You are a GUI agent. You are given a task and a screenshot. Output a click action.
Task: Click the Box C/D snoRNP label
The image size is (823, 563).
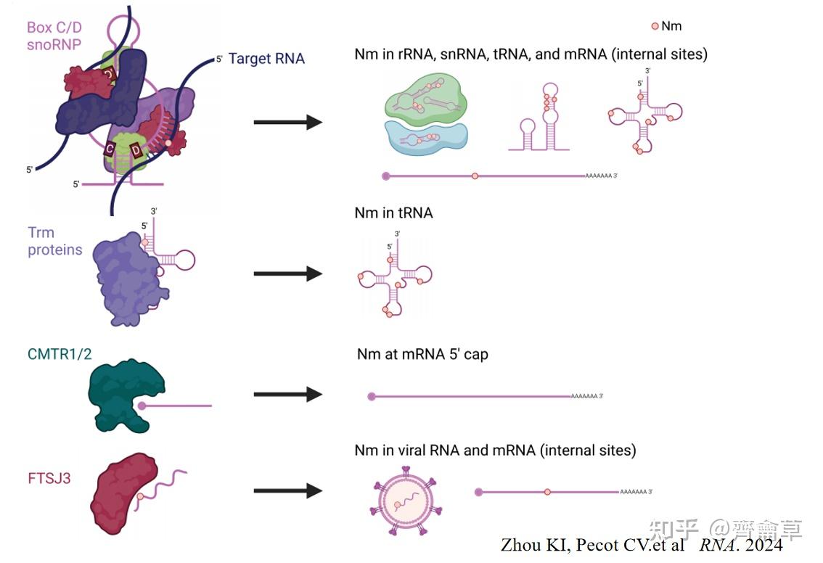pos(54,36)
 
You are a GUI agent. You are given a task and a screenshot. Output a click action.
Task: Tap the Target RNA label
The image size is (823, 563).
pos(266,58)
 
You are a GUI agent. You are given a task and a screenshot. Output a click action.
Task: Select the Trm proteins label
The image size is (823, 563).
pos(54,241)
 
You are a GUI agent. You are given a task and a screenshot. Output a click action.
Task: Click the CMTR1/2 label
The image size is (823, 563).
pos(60,354)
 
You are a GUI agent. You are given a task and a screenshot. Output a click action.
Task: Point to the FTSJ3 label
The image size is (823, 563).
pos(49,479)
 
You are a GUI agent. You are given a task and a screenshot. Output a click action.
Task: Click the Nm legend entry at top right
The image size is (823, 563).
pos(666,26)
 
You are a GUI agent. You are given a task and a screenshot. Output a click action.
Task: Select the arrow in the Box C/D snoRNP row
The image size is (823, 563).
pos(287,123)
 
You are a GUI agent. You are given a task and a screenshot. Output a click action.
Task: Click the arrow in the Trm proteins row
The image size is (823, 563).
pos(287,274)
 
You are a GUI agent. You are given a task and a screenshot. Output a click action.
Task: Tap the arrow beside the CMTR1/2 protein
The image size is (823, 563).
pos(287,394)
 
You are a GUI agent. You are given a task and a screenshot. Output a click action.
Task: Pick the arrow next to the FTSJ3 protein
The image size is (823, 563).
pos(287,491)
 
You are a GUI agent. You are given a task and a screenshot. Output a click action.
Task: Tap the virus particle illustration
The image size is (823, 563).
pos(406,501)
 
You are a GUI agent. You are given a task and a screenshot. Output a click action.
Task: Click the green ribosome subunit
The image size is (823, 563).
pos(426,99)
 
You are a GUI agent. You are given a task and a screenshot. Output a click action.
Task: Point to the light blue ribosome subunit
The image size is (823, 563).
pos(425,138)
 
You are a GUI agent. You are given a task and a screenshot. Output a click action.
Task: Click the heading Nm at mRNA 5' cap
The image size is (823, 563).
pos(422,355)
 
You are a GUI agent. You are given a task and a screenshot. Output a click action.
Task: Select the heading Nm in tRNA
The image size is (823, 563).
pos(393,213)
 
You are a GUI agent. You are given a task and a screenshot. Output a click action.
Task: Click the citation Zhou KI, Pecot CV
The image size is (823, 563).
pos(593,545)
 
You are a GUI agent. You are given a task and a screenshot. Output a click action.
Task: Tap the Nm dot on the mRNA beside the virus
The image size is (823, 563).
pos(547,492)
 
